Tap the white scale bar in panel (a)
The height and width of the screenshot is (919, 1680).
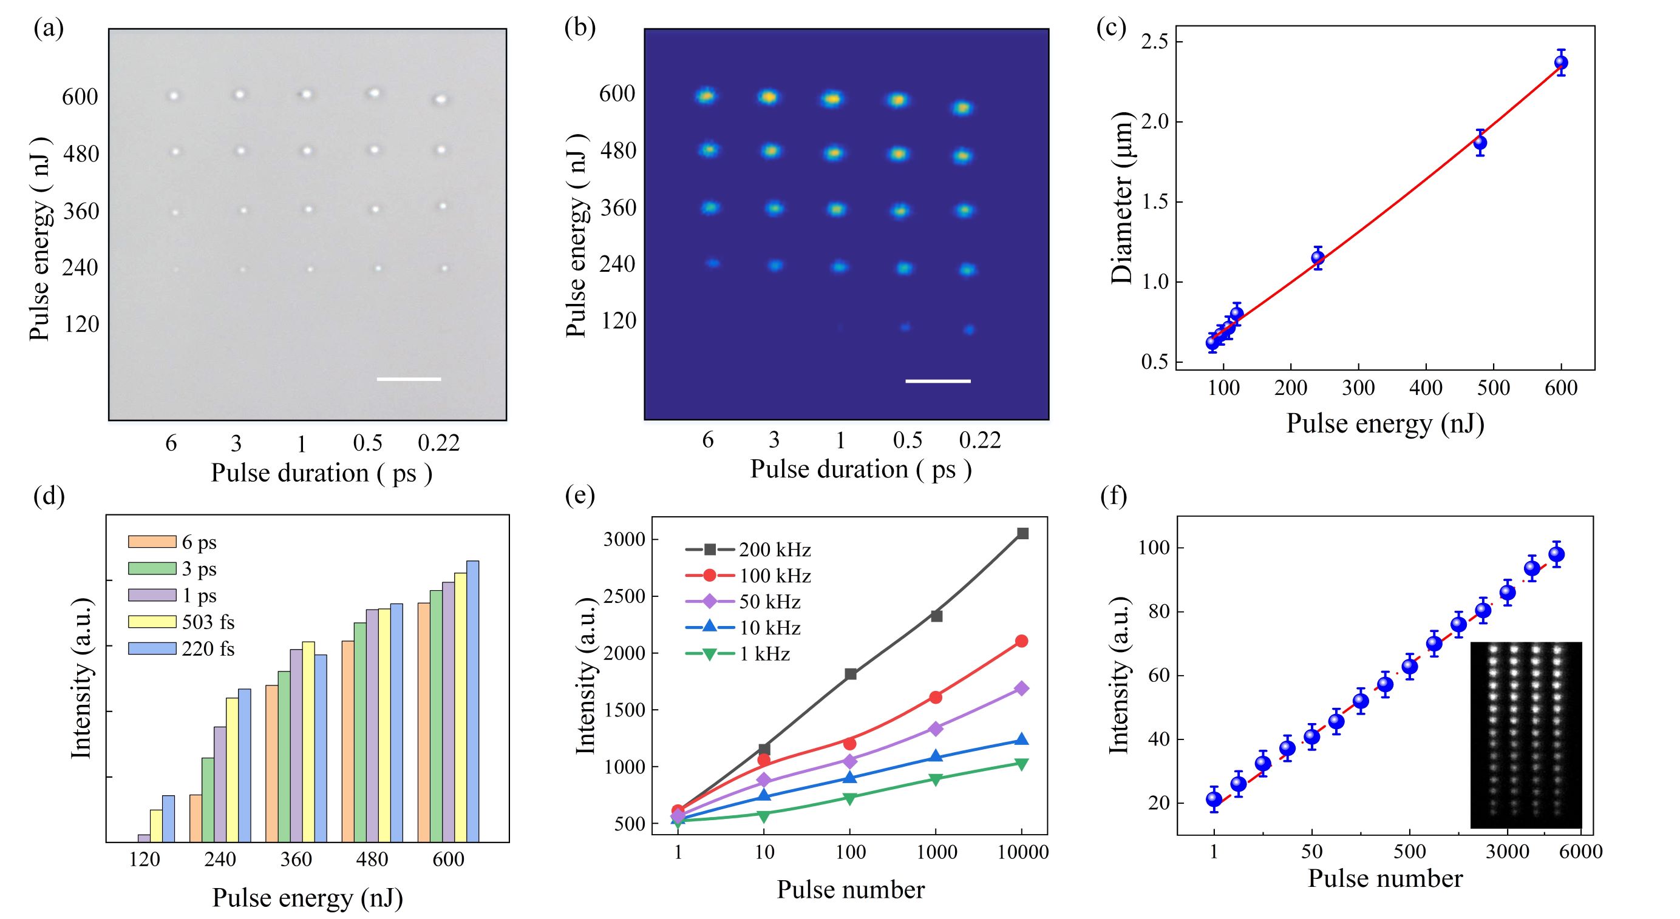coord(409,379)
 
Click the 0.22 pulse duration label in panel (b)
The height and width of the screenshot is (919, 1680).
coord(979,440)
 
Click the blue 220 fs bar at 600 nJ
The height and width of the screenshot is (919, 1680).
coord(473,701)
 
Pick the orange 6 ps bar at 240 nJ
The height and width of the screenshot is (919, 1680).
coord(196,818)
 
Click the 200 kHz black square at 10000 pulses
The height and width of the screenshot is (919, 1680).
coord(1022,534)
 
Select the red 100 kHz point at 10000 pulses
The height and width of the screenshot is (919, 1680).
coord(1022,641)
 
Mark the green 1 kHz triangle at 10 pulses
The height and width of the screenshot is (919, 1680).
coord(764,815)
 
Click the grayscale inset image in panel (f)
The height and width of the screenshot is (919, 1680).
coord(1526,735)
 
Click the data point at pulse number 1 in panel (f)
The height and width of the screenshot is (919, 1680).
coord(1214,799)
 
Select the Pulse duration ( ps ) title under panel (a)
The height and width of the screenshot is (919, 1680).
coord(322,473)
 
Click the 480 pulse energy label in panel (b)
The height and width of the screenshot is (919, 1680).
coord(617,151)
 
